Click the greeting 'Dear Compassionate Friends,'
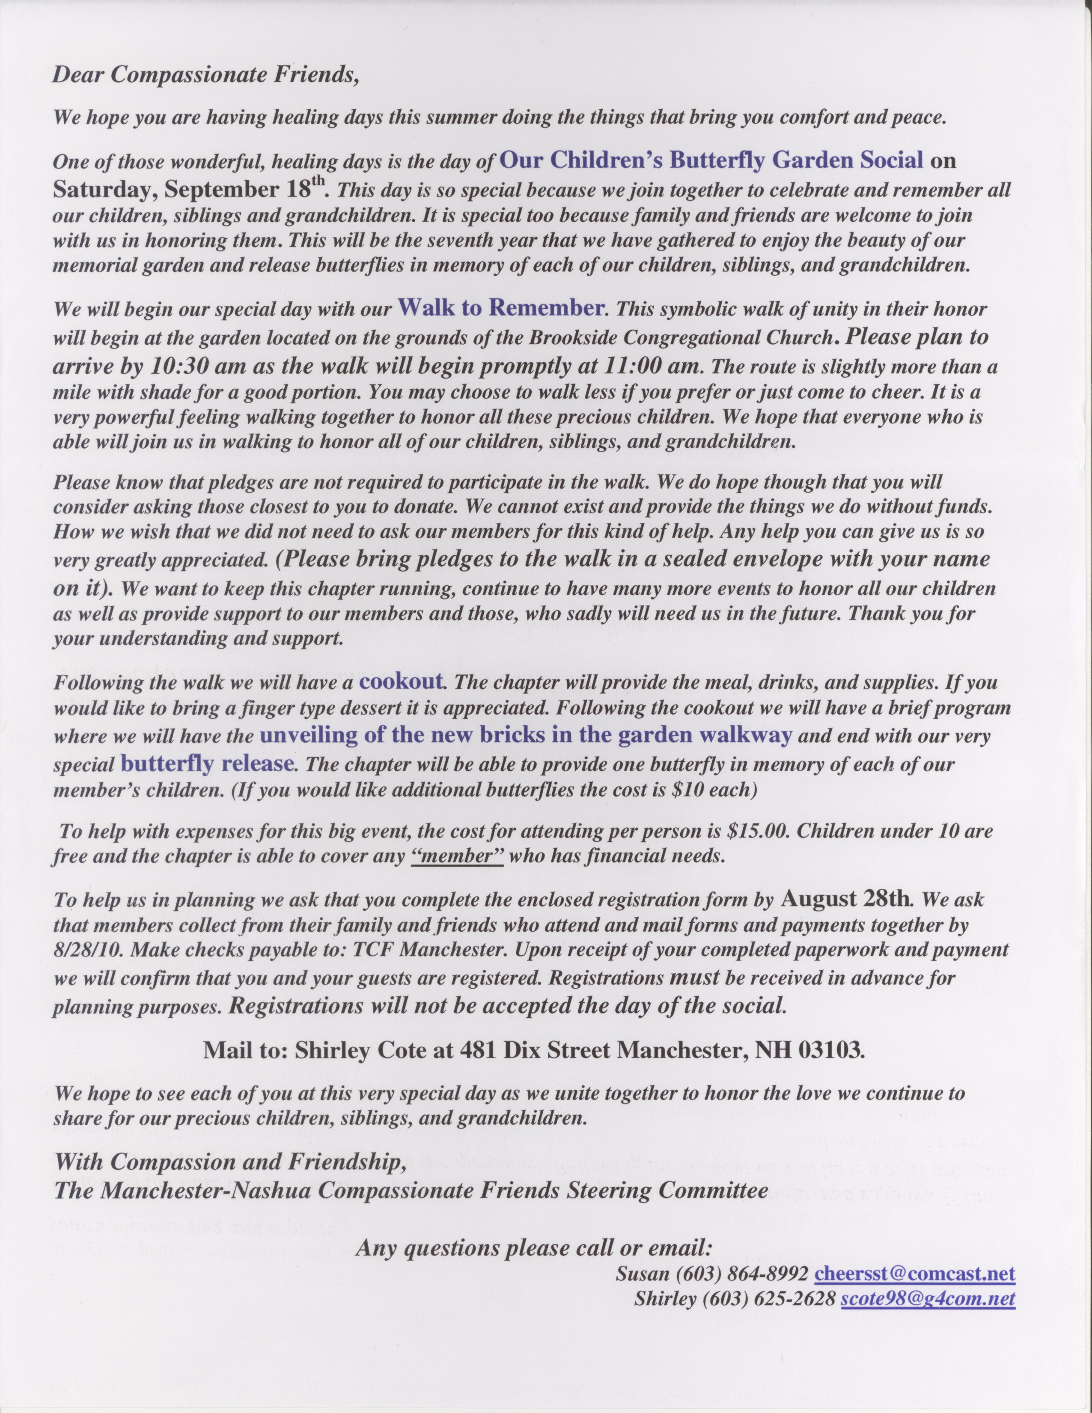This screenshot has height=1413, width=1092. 205,75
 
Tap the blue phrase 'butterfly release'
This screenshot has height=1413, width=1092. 208,763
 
